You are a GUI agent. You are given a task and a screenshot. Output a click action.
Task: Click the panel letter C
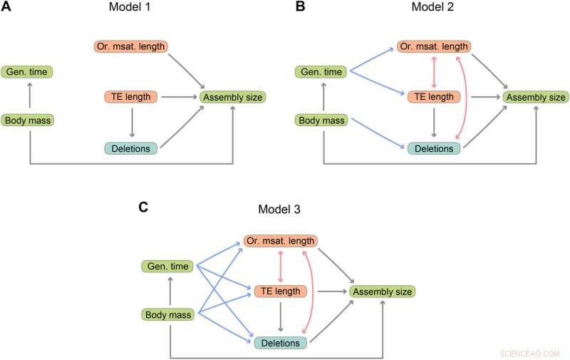tap(143, 207)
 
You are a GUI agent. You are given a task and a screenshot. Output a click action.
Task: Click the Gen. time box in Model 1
tap(27, 72)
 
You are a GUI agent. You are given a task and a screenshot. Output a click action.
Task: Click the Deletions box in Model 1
tap(130, 148)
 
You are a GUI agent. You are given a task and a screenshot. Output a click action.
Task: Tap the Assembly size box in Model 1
tap(232, 96)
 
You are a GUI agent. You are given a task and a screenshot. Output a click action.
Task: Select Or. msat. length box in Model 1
tap(130, 46)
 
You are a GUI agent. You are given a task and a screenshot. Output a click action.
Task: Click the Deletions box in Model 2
tap(434, 148)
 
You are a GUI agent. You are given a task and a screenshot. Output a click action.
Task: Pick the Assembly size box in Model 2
tap(535, 96)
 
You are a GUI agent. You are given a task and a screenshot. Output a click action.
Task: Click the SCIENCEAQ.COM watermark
tap(530, 352)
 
